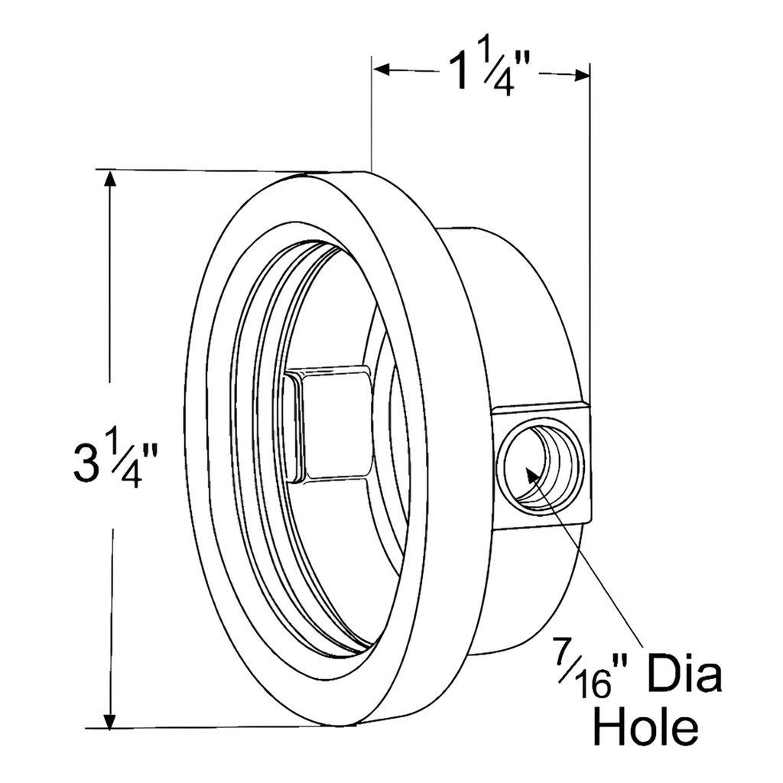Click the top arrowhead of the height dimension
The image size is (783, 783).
click(x=111, y=179)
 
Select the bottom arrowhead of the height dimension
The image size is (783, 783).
click(x=111, y=719)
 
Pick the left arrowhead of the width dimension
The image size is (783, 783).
click(x=382, y=70)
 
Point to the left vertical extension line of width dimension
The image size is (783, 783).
click(x=372, y=115)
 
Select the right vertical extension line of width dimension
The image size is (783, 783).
click(x=590, y=229)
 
